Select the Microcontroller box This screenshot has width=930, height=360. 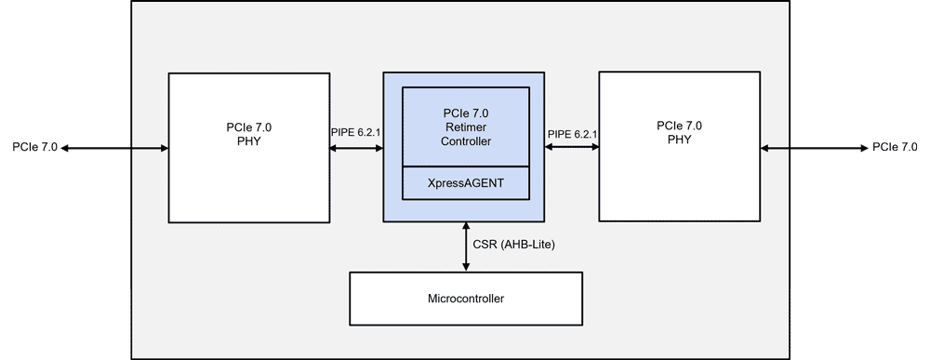(465, 299)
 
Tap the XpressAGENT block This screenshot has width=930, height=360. (465, 183)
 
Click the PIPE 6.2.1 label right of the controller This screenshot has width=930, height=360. (572, 135)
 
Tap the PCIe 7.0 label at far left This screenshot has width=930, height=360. (35, 147)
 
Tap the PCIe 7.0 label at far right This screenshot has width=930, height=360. (895, 147)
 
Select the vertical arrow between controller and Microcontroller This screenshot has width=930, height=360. (466, 247)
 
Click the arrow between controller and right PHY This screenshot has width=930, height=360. (572, 147)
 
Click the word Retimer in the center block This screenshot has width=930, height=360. (465, 127)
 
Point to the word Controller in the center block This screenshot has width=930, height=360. (465, 141)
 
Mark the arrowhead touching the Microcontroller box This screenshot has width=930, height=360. (466, 267)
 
